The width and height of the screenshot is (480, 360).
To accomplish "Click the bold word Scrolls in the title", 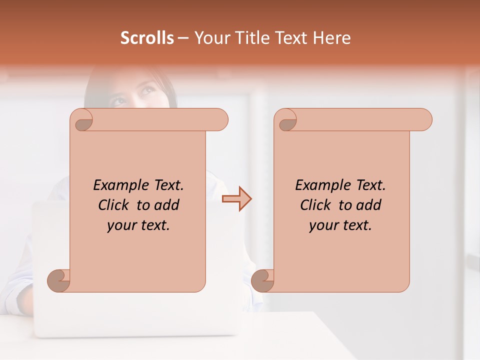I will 147,38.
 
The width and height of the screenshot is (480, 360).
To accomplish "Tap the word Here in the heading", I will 332,38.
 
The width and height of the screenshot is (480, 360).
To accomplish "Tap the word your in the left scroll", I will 121,225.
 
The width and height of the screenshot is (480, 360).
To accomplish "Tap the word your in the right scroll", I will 323,225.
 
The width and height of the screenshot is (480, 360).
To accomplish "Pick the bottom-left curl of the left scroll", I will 58,280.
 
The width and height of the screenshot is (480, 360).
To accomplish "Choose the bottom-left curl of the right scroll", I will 262,280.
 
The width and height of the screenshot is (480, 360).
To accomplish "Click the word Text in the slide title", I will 291,38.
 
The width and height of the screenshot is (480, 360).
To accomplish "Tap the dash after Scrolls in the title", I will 183,38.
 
